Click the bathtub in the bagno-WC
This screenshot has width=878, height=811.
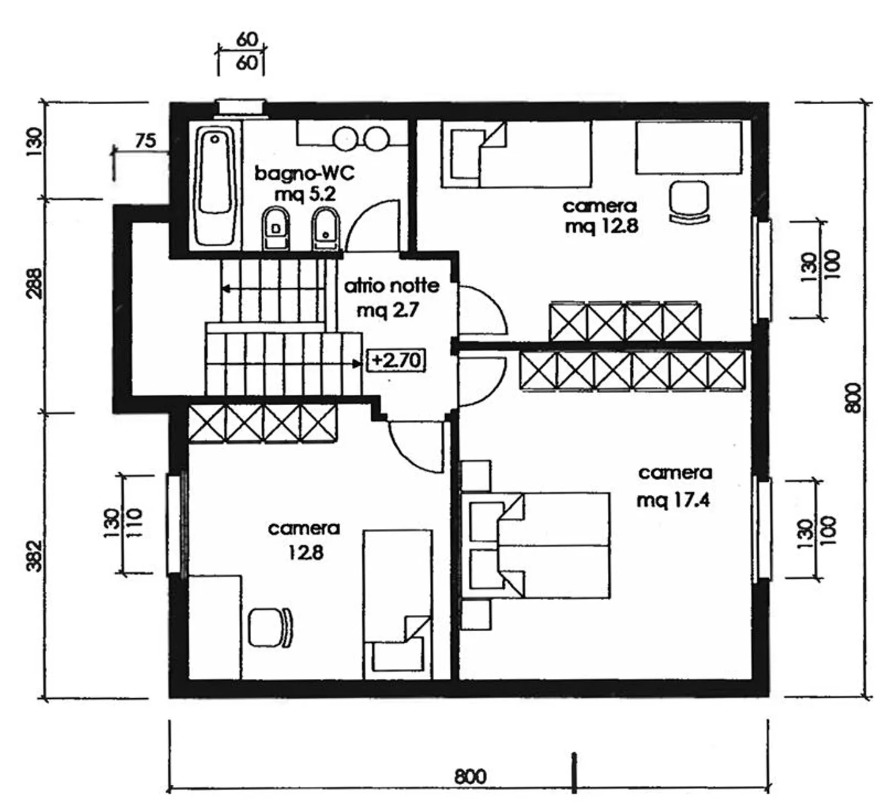click(x=215, y=185)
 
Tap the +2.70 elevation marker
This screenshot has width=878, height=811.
click(x=396, y=360)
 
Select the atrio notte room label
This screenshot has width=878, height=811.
click(x=391, y=286)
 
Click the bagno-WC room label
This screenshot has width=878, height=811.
click(x=305, y=173)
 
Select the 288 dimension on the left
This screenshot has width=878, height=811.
click(x=35, y=283)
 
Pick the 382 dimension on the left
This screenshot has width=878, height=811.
click(x=35, y=556)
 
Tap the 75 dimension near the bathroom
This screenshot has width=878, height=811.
click(x=146, y=141)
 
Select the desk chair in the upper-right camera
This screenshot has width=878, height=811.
click(x=689, y=202)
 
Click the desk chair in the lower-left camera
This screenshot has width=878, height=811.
click(x=270, y=628)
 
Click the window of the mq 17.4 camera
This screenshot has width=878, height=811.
click(x=762, y=528)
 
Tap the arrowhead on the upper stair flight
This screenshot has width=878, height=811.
click(x=226, y=289)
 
